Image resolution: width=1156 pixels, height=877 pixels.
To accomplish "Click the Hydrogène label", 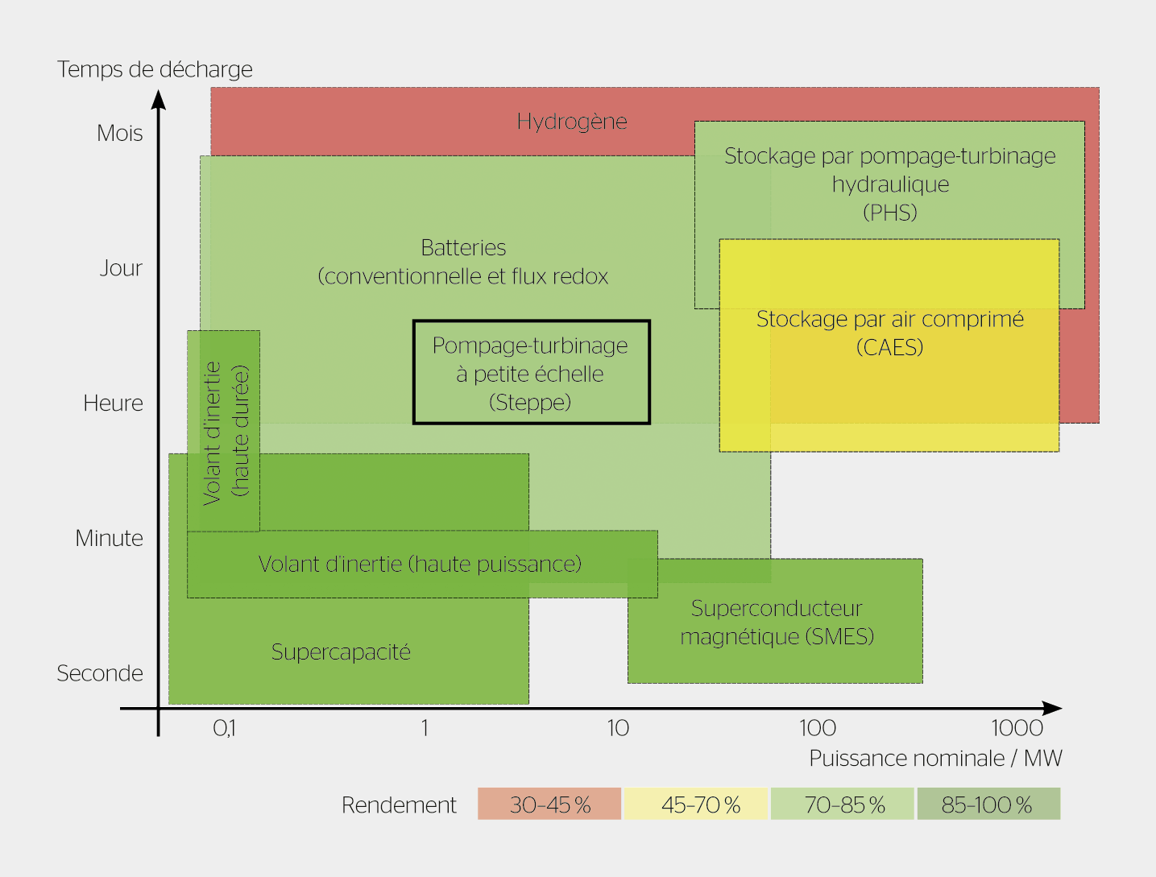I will (x=572, y=122).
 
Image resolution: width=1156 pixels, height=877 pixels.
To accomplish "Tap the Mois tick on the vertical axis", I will (x=120, y=133).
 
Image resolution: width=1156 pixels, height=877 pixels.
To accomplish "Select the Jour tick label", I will (x=121, y=268).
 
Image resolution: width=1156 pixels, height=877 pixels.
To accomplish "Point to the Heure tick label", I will (x=114, y=403).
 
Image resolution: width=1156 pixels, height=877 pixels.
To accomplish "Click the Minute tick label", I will (x=110, y=538).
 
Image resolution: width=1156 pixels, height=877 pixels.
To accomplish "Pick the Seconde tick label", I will (x=100, y=673).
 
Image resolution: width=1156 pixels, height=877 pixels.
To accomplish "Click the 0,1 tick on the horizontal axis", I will (x=224, y=728).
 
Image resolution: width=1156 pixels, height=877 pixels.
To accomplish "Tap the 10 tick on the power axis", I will (x=618, y=728).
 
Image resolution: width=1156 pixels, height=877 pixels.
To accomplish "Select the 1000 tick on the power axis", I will (x=1017, y=728).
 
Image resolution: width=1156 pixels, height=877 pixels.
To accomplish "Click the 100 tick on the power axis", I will (x=817, y=728).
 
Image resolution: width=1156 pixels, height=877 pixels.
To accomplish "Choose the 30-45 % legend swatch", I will (x=549, y=805).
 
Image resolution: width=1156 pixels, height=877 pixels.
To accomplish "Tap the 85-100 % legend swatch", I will (x=987, y=805).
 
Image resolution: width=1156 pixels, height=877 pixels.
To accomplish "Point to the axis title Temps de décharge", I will (x=155, y=69).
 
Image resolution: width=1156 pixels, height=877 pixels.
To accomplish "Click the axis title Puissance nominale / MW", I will (x=935, y=759).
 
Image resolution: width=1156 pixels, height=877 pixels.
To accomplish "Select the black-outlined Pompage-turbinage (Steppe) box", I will (x=531, y=373).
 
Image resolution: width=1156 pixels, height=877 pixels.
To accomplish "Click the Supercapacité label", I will (x=341, y=652).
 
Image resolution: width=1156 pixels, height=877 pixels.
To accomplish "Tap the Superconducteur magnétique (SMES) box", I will (x=776, y=622).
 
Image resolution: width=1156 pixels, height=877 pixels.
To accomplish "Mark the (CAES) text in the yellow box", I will (x=889, y=348).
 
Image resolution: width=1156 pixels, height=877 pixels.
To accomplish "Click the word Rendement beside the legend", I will (x=399, y=805).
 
